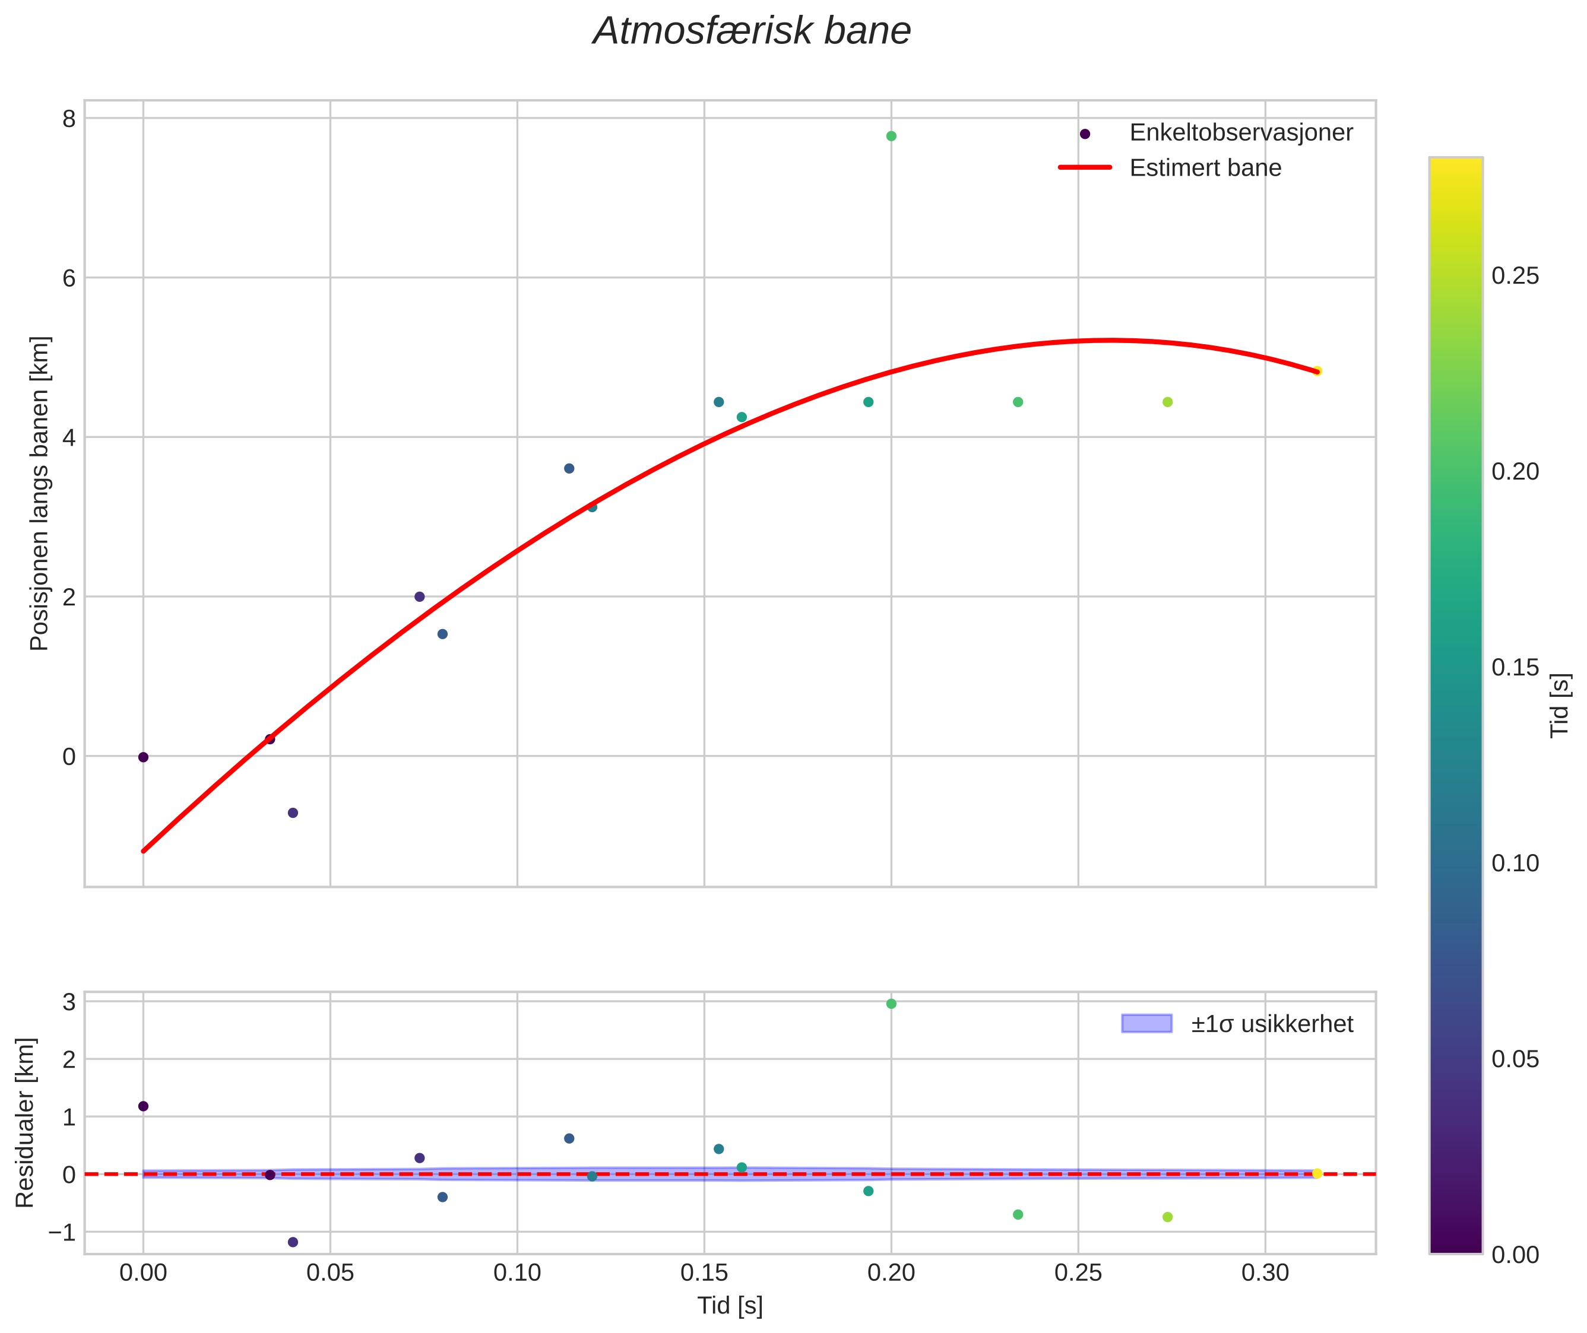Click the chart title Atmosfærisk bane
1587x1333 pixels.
pyautogui.click(x=752, y=31)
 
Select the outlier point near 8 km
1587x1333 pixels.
pyautogui.click(x=891, y=136)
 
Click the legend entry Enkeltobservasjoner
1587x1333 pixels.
pyautogui.click(x=1240, y=133)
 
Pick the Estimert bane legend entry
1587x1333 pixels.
pyautogui.click(x=1205, y=168)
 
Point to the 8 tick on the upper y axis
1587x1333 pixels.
pyautogui.click(x=69, y=119)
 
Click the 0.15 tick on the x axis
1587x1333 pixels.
pyautogui.click(x=704, y=1273)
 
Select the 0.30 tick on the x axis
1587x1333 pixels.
pyautogui.click(x=1265, y=1273)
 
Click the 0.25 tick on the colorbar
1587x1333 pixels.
pyautogui.click(x=1515, y=276)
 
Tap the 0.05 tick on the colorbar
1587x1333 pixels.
pyautogui.click(x=1515, y=1059)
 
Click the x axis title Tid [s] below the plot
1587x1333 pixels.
pyautogui.click(x=730, y=1306)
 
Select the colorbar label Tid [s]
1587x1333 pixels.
pyautogui.click(x=1560, y=705)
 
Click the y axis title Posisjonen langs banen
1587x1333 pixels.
pyautogui.click(x=39, y=493)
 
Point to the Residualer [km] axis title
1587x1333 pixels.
pyautogui.click(x=25, y=1123)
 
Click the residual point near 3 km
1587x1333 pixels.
pyautogui.click(x=891, y=1004)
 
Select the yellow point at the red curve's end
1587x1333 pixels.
pyautogui.click(x=1316, y=371)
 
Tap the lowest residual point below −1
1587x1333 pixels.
pyautogui.click(x=293, y=1242)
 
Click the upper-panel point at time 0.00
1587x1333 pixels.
pyautogui.click(x=143, y=757)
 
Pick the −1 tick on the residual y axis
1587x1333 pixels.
pyautogui.click(x=62, y=1232)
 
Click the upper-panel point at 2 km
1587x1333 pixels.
pyautogui.click(x=420, y=597)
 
